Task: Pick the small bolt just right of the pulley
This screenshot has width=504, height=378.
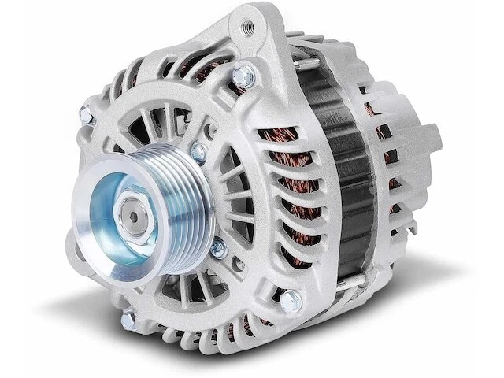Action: (x=218, y=250)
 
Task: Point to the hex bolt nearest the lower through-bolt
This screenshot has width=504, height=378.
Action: (x=291, y=298)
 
